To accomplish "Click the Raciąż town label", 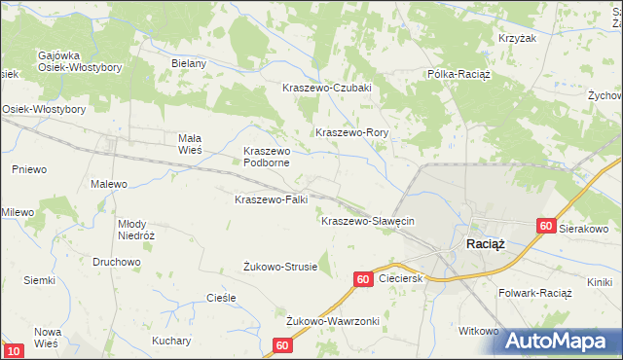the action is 485,244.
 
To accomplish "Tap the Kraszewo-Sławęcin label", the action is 368,221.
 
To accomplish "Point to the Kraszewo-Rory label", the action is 351,132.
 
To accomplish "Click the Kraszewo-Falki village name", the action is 272,199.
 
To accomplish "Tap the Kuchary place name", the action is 170,341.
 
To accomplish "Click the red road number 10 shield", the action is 14,350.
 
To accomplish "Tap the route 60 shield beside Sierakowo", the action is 546,226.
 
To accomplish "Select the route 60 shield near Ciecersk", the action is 362,279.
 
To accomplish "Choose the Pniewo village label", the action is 29,169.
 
